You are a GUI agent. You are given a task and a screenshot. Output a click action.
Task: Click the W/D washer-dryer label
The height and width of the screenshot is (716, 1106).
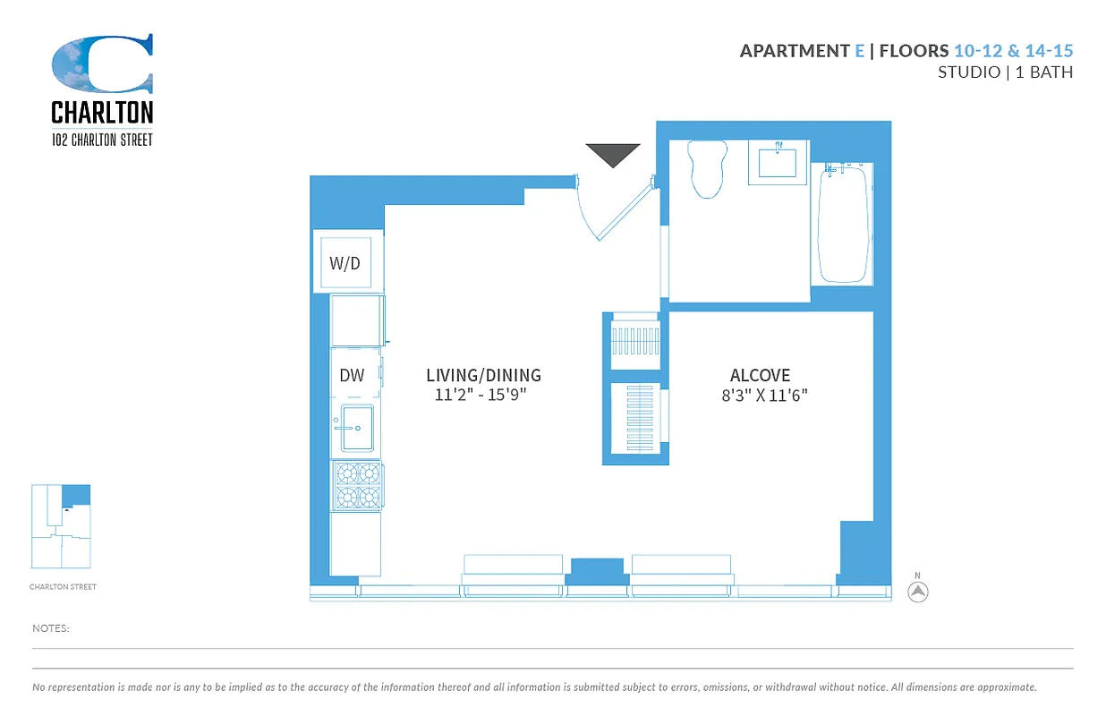(x=345, y=263)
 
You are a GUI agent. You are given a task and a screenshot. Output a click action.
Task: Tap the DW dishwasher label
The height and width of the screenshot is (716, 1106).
(x=352, y=375)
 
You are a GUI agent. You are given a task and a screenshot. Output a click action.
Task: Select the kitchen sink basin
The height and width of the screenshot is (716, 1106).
(x=357, y=429)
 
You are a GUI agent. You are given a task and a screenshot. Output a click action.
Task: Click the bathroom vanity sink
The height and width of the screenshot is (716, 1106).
(x=778, y=162)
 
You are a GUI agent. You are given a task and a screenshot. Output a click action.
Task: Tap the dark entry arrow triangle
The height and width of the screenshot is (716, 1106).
(x=613, y=154)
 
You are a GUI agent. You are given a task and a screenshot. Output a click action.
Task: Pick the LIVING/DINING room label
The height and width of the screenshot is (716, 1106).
(x=483, y=375)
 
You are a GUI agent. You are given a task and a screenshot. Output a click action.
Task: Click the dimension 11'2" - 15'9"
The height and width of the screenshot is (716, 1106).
(x=481, y=395)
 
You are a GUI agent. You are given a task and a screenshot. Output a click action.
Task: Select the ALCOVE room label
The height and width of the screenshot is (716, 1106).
(x=760, y=375)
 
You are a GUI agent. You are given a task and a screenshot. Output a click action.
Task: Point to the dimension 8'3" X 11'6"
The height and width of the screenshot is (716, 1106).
(x=764, y=395)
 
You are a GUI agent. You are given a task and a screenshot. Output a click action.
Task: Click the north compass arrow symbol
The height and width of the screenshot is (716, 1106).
(x=918, y=591)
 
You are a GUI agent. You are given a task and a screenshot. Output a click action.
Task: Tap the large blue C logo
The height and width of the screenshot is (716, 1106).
(x=102, y=64)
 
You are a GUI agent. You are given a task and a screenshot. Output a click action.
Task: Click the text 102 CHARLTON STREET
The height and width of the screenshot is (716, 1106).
(x=102, y=140)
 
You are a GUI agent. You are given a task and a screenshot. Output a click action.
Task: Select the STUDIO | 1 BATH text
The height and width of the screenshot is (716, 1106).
(x=1004, y=72)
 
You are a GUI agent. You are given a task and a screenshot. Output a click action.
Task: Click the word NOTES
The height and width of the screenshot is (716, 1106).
(x=51, y=628)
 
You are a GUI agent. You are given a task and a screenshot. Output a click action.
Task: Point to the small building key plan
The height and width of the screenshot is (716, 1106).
(x=61, y=526)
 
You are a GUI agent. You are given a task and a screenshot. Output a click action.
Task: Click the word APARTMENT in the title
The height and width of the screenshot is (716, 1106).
(x=794, y=51)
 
